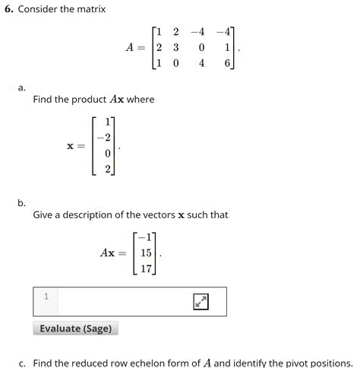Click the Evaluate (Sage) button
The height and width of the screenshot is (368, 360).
[x=76, y=328]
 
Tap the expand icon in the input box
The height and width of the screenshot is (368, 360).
[x=201, y=302]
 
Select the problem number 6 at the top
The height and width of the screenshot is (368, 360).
[x=8, y=9]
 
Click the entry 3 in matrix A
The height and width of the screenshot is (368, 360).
[x=175, y=48]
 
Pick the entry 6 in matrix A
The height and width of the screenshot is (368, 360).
[x=227, y=65]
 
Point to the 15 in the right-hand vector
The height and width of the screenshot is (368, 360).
[x=147, y=252]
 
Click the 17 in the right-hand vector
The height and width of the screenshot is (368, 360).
[x=147, y=268]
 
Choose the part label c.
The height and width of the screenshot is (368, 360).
[x=23, y=363]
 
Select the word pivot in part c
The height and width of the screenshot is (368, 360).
[x=289, y=363]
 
